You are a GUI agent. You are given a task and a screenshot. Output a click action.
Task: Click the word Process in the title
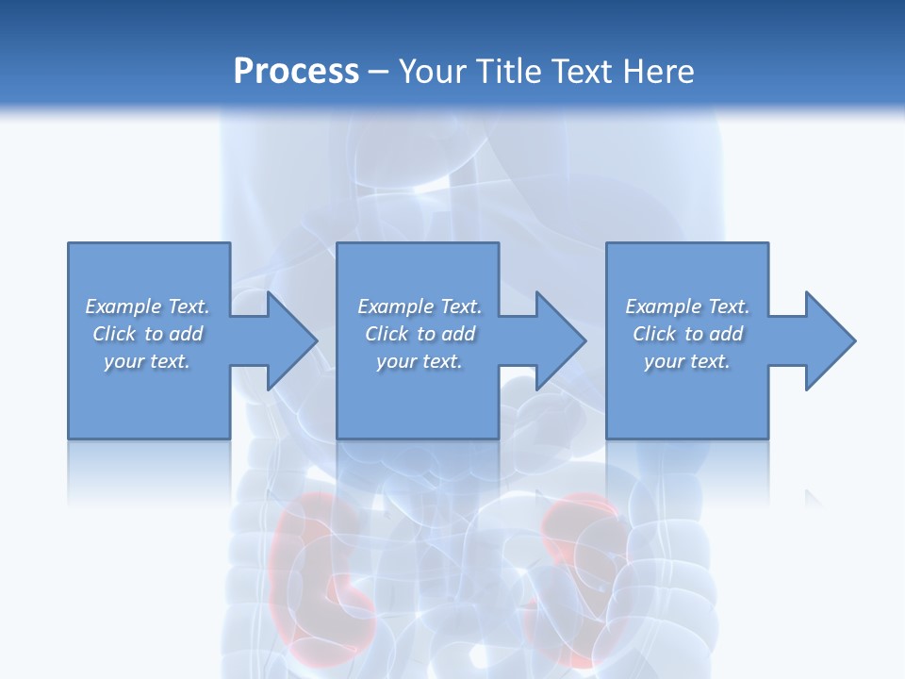296,72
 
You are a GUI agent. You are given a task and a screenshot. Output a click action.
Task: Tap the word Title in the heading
510,72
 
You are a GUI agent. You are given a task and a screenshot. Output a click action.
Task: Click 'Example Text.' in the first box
147,306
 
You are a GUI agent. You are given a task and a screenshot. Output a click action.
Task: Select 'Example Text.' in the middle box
420,306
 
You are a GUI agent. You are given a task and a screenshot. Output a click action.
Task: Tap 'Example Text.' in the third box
687,306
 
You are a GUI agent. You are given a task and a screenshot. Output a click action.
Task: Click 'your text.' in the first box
147,361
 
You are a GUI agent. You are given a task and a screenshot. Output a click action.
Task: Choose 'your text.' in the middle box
420,361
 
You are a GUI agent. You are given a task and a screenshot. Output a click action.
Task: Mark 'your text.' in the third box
687,361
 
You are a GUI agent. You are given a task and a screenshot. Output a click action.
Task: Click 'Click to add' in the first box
147,334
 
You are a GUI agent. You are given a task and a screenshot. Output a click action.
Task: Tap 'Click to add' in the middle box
420,334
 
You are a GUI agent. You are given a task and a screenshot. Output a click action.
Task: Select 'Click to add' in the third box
687,334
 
